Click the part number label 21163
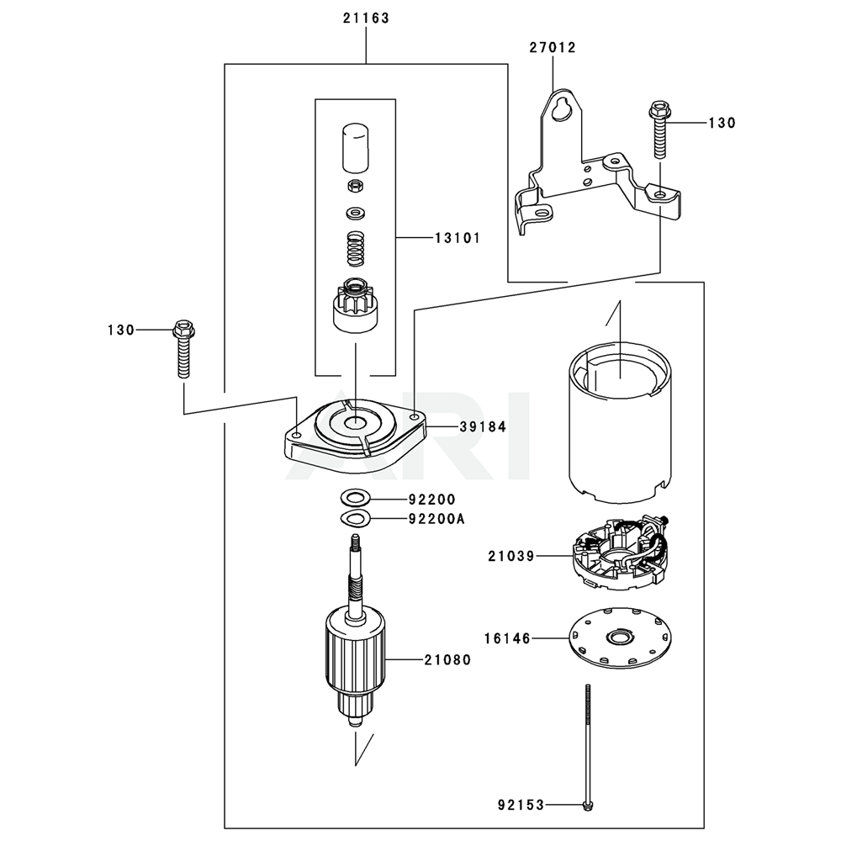[x=367, y=19]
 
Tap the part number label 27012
[x=553, y=48]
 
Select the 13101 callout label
[x=458, y=238]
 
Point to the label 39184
[x=483, y=427]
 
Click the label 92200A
[x=436, y=519]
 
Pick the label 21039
[x=511, y=556]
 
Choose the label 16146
[x=507, y=639]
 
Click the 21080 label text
[x=448, y=659]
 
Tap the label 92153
[x=521, y=805]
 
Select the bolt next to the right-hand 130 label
[x=659, y=130]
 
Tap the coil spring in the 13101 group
[x=355, y=248]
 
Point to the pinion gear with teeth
[x=356, y=305]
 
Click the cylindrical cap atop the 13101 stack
[x=355, y=148]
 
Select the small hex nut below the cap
[x=355, y=187]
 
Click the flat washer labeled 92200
[x=355, y=498]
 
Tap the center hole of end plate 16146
[x=620, y=638]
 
